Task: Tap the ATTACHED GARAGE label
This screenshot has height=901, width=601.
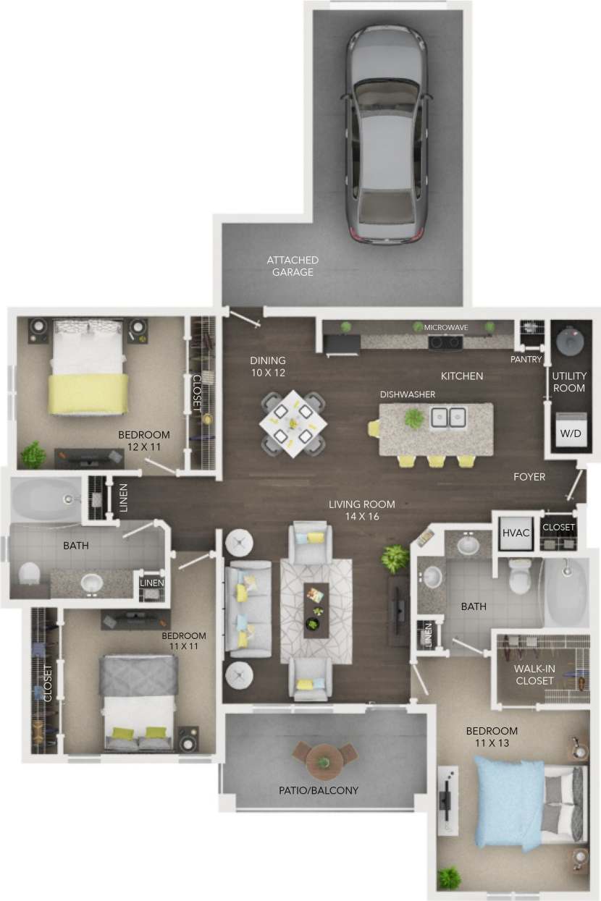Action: (293, 266)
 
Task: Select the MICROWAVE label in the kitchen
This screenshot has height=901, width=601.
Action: (445, 328)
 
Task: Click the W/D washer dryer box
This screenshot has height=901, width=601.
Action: (569, 432)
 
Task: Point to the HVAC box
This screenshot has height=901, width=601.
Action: (516, 533)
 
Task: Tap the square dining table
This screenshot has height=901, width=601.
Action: (293, 423)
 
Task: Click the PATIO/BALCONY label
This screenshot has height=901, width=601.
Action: (319, 790)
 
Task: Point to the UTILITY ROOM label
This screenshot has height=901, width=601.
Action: (568, 382)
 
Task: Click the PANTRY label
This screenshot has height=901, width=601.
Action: (526, 359)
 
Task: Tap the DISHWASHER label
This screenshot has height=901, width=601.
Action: (407, 394)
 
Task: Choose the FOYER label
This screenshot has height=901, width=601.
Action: (529, 476)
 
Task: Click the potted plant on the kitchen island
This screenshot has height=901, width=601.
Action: (413, 418)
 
